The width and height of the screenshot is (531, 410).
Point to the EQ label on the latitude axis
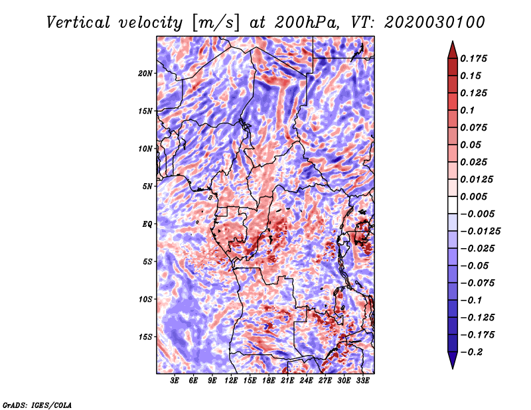[x=147, y=224]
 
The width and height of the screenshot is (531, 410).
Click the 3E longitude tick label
[x=175, y=381]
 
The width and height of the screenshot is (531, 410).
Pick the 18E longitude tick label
[x=269, y=381]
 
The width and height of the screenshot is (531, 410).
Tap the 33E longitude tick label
[x=363, y=381]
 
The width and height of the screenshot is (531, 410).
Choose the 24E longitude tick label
[x=307, y=381]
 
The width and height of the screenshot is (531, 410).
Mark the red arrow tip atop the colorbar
[x=451, y=44]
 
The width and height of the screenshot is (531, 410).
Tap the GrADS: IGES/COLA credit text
[x=37, y=404]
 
